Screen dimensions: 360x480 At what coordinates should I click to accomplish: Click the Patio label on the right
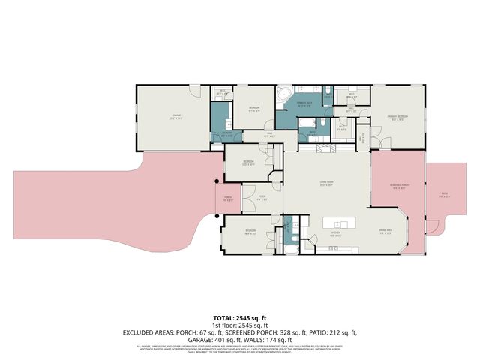(444, 194)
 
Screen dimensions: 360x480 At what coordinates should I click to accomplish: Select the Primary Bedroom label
(397, 117)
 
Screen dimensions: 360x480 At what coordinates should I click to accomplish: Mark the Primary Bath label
(304, 103)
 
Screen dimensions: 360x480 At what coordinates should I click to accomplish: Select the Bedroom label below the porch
(250, 233)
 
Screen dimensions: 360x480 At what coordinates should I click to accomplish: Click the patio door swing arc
(430, 225)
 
